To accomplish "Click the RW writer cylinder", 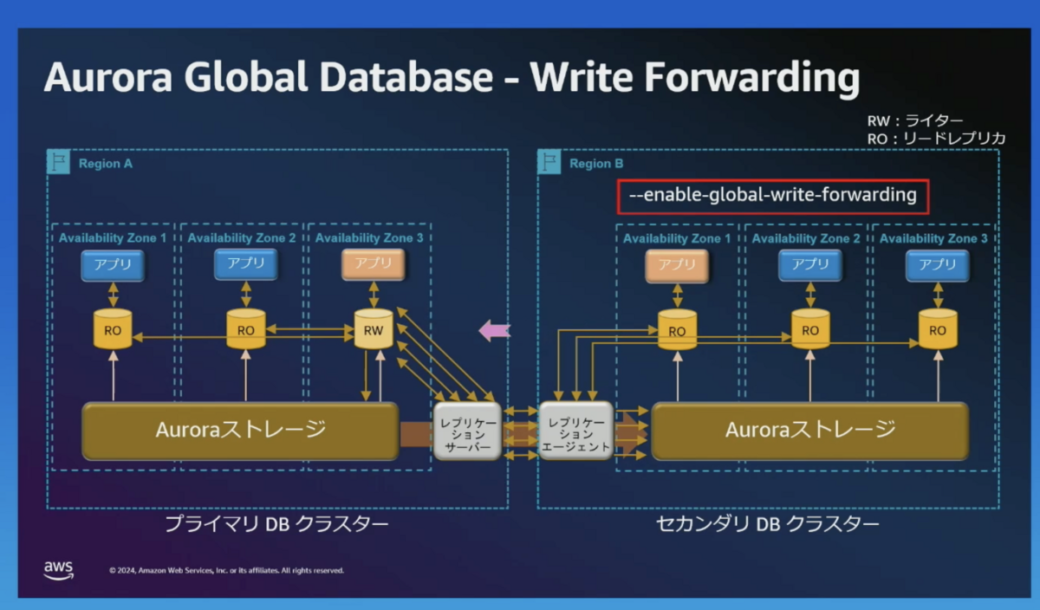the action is pyautogui.click(x=374, y=329).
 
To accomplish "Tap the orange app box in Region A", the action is pyautogui.click(x=374, y=264).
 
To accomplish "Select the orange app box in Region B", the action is pyautogui.click(x=677, y=265).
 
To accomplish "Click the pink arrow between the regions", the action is pyautogui.click(x=495, y=330).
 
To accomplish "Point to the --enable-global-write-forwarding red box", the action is pyautogui.click(x=773, y=197).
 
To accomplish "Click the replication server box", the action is pyautogui.click(x=467, y=431).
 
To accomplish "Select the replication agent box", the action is pyautogui.click(x=575, y=431).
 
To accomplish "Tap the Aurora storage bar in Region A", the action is pyautogui.click(x=240, y=431).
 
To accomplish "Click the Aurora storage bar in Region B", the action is pyautogui.click(x=810, y=431).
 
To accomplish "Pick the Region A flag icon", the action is pyautogui.click(x=59, y=161).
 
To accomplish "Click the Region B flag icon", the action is pyautogui.click(x=549, y=161).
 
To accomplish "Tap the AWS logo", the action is pyautogui.click(x=59, y=570).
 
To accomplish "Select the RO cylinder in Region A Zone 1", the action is pyautogui.click(x=113, y=329).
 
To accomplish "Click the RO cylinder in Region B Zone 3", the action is pyautogui.click(x=938, y=329).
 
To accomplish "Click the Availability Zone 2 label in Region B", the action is pyautogui.click(x=806, y=238).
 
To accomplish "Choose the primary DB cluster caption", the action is pyautogui.click(x=276, y=524).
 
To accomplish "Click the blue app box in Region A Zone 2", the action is pyautogui.click(x=246, y=264).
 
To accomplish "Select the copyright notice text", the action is pyautogui.click(x=226, y=570).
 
